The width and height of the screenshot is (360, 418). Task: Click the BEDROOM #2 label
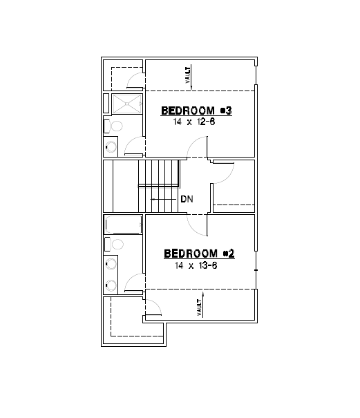coord(200,254)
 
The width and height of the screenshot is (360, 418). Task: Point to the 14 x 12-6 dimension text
coord(196,122)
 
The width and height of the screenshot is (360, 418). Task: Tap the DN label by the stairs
coord(187,199)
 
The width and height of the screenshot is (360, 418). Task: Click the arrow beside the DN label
coord(163,199)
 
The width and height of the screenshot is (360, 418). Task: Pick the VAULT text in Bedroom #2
coord(199,305)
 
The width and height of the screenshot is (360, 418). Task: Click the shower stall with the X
coord(124,104)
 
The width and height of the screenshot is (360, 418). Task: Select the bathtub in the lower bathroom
coord(123,225)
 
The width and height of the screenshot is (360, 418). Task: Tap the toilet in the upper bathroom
coord(114,126)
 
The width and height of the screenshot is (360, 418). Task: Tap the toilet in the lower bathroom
coord(114,244)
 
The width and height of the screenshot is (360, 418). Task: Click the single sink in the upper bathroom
coord(111,146)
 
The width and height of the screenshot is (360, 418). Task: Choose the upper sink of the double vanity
coord(110,263)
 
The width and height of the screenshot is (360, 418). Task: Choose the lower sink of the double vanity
coord(110,284)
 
